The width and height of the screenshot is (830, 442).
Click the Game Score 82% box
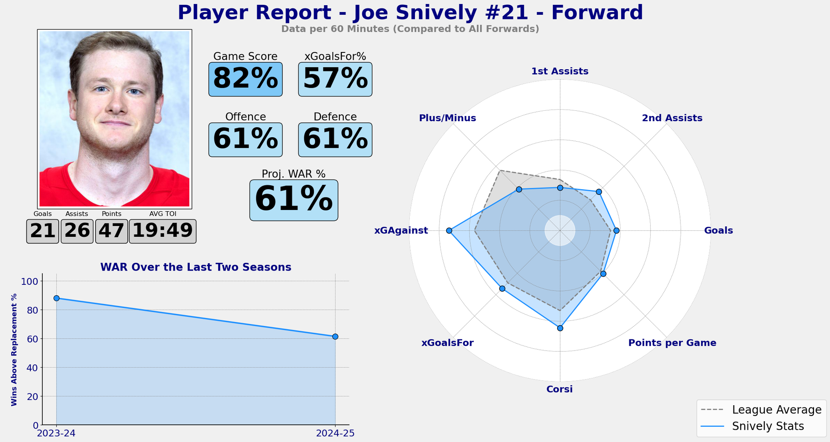245,79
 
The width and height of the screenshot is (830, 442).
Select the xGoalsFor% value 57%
335,79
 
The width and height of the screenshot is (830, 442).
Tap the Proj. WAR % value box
294,200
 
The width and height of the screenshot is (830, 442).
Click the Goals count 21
42,231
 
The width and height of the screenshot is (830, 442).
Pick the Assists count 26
77,231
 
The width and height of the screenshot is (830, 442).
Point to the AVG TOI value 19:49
163,231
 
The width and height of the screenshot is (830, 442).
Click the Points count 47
111,231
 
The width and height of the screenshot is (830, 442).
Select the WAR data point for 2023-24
57,298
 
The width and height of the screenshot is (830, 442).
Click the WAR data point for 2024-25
335,336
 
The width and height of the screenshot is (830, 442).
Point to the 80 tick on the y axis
32,310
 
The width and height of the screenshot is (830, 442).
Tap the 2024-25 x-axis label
335,433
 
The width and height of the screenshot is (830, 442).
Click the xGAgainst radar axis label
401,231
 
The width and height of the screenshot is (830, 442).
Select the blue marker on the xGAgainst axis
449,231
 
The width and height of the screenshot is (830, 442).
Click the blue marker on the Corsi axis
560,328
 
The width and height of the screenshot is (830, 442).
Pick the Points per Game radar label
672,343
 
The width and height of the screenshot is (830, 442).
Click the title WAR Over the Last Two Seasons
195,267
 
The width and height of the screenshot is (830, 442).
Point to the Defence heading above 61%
335,117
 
